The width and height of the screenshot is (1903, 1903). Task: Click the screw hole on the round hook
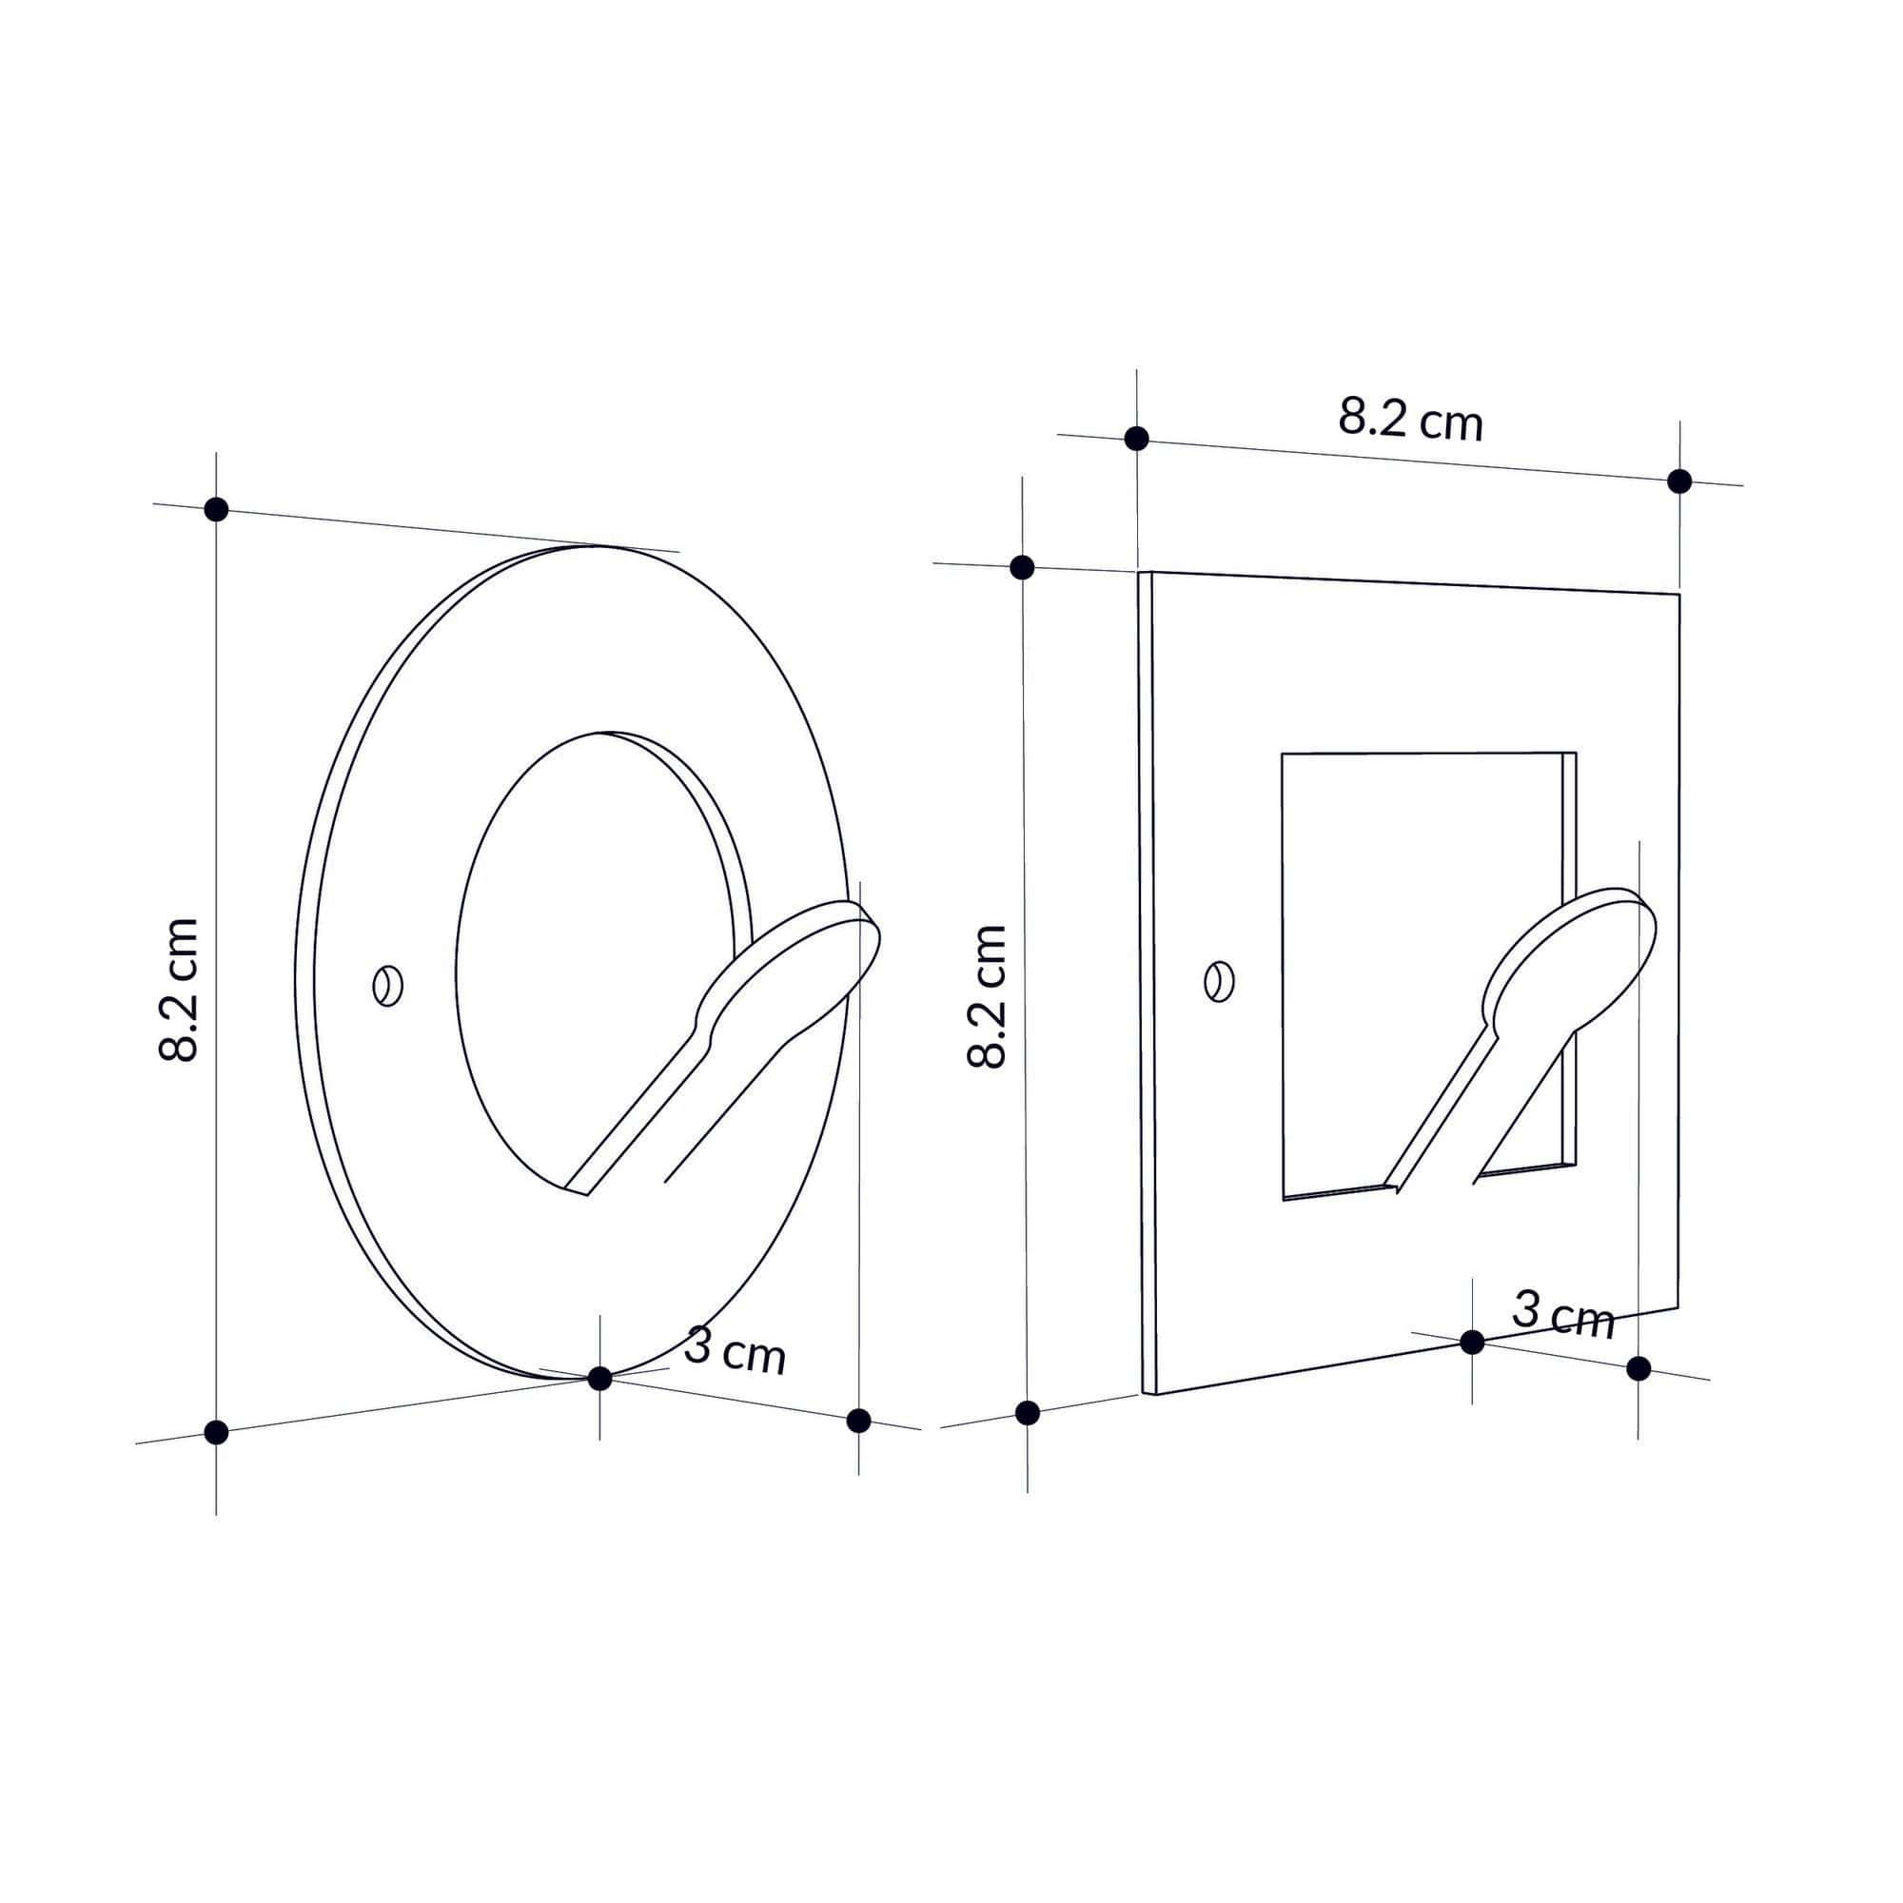coord(388,985)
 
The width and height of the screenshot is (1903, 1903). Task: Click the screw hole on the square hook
coord(1220,981)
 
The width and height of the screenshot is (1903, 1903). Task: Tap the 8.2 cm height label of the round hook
coord(179,990)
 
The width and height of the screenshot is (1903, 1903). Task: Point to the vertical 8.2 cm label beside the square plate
coord(988,996)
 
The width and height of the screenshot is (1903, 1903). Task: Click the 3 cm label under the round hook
coord(735,1350)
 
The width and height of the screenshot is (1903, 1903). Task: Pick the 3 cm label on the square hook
coord(1563,1316)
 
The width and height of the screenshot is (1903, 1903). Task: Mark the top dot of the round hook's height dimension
coord(216,509)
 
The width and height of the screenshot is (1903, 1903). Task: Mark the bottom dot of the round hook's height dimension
coord(216,1432)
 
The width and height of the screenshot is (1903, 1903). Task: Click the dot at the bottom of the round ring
coord(599,1378)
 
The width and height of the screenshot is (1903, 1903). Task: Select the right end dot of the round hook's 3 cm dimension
coord(859,1421)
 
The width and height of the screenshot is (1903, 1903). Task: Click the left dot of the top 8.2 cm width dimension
coord(1137,439)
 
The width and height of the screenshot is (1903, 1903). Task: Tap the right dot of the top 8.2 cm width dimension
coord(1679,481)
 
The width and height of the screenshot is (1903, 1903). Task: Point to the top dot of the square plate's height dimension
coord(1023,567)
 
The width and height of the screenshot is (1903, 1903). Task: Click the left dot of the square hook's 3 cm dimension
coord(1472,1342)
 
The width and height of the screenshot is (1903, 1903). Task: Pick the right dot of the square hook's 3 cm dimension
coord(1638,1368)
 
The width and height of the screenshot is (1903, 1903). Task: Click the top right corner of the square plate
coord(1678,595)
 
